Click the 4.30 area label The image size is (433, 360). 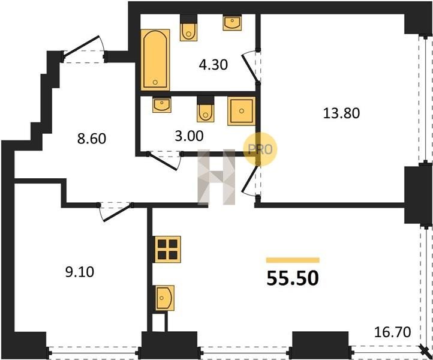[213, 65]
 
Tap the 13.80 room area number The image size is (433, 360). [341, 113]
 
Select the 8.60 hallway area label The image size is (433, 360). [91, 139]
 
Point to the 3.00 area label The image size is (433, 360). [189, 136]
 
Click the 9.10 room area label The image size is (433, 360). [80, 272]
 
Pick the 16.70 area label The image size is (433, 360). [392, 332]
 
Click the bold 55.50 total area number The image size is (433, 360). [293, 278]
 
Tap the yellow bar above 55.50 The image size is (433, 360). [293, 260]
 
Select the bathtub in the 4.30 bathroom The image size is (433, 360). [155, 59]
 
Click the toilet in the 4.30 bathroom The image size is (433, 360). [188, 28]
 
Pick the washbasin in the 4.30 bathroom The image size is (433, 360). [232, 23]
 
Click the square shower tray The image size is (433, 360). [242, 111]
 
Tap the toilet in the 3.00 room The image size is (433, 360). [206, 109]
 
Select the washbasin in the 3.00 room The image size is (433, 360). [162, 104]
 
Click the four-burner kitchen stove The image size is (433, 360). [167, 249]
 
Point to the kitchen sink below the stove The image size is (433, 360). [164, 298]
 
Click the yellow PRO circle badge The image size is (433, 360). [260, 149]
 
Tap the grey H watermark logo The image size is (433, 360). [217, 177]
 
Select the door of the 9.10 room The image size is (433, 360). [115, 211]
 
